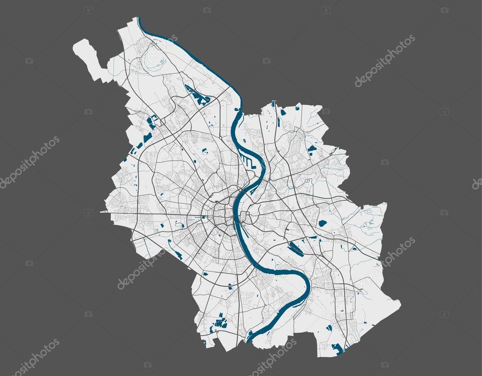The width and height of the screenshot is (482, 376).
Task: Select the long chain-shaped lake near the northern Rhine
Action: pyautogui.click(x=198, y=95)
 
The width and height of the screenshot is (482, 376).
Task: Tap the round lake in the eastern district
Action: pyautogui.click(x=322, y=224)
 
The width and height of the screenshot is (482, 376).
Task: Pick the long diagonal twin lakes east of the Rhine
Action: pyautogui.click(x=296, y=248)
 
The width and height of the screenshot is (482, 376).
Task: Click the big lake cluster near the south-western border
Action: pyautogui.click(x=220, y=322)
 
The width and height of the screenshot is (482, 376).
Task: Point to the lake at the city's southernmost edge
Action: pyautogui.click(x=337, y=348)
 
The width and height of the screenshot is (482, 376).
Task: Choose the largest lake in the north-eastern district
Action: pyautogui.click(x=312, y=149)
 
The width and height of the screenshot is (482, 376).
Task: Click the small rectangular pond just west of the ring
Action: pyautogui.click(x=203, y=217)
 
